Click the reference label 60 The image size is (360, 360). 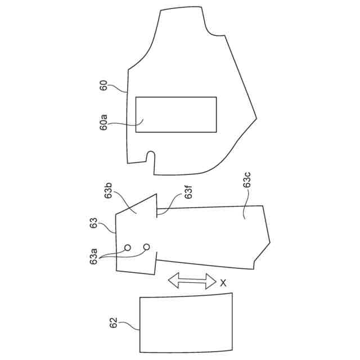103,85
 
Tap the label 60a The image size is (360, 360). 103,121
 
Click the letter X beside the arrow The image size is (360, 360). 223,284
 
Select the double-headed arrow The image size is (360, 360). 192,281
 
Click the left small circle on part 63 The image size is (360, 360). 128,247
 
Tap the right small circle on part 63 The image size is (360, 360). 147,247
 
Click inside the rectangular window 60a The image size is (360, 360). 177,115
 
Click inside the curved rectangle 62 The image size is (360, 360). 186,322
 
